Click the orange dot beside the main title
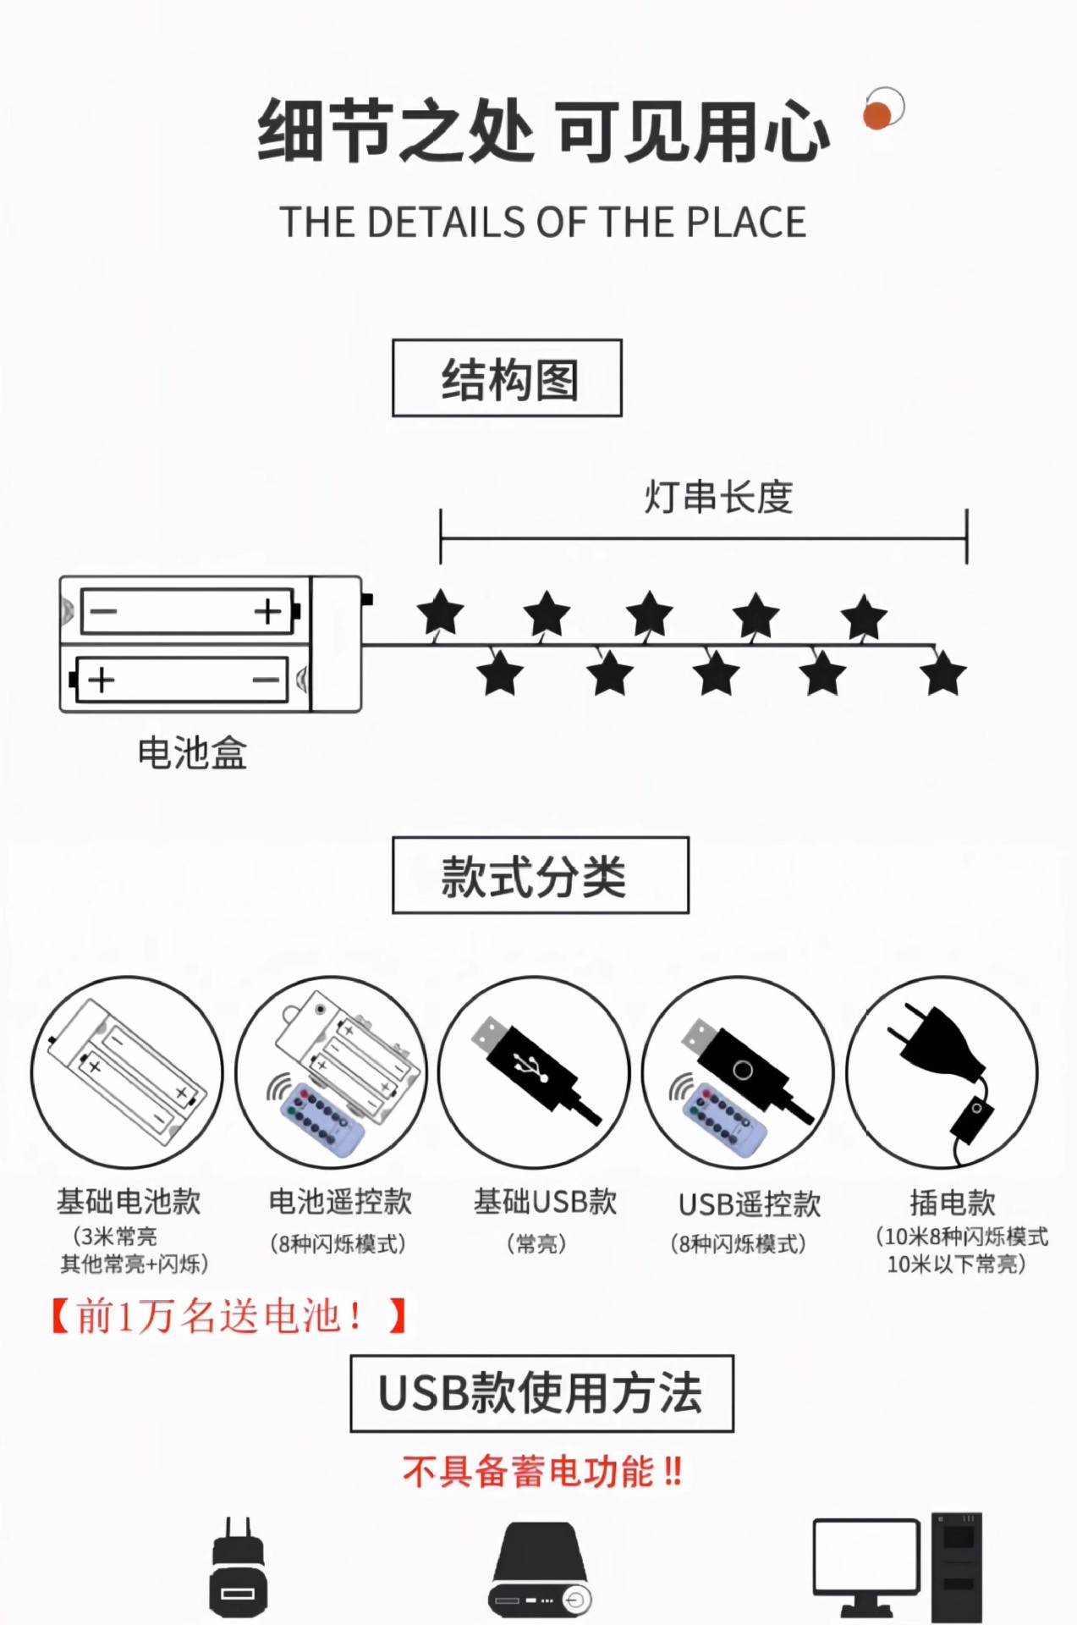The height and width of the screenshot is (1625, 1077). click(x=877, y=115)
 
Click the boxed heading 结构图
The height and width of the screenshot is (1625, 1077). click(x=507, y=378)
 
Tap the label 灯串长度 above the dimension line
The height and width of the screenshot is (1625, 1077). click(x=718, y=497)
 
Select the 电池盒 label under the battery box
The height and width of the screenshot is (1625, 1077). click(x=192, y=752)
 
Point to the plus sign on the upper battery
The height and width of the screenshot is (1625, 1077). click(x=267, y=611)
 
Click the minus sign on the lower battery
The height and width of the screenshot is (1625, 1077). click(x=266, y=680)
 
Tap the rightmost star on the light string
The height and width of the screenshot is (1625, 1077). click(x=942, y=675)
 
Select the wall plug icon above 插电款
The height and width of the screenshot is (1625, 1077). click(x=935, y=1049)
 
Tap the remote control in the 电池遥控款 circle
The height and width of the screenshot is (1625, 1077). click(x=321, y=1117)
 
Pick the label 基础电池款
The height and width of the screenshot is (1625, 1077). click(x=129, y=1201)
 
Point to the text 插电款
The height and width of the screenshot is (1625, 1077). click(x=952, y=1202)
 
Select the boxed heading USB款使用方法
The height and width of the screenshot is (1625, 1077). click(x=541, y=1393)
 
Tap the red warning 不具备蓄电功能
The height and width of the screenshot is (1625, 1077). click(x=541, y=1472)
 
